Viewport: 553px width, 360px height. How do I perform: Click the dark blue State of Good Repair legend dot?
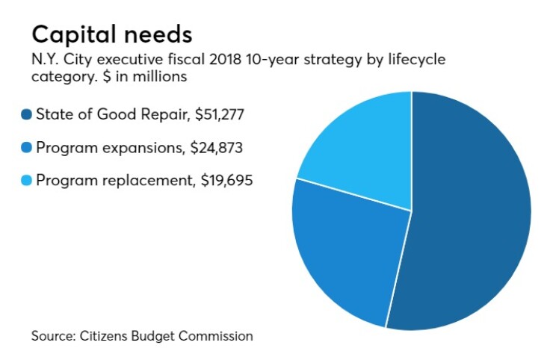click(x=27, y=115)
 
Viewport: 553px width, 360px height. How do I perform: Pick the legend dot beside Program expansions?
click(x=27, y=148)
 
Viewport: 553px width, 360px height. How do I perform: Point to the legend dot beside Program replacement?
click(x=27, y=180)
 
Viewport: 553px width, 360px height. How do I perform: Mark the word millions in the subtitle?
click(x=163, y=77)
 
